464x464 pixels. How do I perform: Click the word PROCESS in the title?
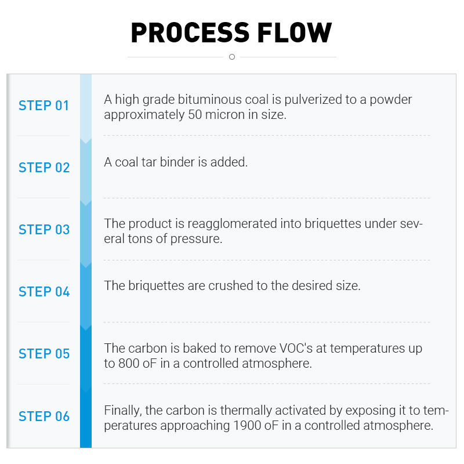coord(190,32)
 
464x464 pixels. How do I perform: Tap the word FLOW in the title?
coord(295,32)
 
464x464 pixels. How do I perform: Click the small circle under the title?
coord(232,57)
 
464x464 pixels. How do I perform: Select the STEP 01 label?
coord(44,106)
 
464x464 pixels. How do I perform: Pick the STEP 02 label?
coord(44,168)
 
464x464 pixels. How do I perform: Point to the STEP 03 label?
coord(44,230)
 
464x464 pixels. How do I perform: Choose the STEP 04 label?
coord(44,292)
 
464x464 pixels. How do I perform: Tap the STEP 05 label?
coord(44,354)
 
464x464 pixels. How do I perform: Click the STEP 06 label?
coord(44,416)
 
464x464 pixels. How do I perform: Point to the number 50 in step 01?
coord(195,115)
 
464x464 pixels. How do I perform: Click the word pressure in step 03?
coord(196,239)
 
